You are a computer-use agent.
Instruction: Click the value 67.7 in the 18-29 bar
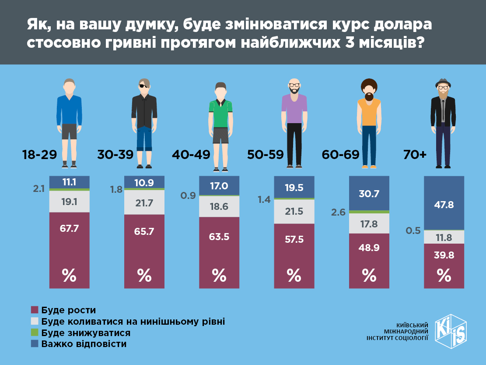click(x=69, y=228)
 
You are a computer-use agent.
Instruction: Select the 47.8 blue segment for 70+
click(x=444, y=202)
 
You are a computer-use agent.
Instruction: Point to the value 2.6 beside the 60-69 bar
click(x=339, y=213)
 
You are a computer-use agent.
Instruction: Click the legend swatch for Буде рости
click(x=35, y=310)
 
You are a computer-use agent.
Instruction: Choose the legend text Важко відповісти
click(x=84, y=344)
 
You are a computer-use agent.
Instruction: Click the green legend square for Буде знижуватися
click(x=35, y=333)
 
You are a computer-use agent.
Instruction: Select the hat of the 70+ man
click(x=443, y=82)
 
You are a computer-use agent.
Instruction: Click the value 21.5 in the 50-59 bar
click(x=294, y=212)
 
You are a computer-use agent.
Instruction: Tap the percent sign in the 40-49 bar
click(x=219, y=275)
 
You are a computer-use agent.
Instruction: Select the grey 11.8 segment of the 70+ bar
click(x=444, y=237)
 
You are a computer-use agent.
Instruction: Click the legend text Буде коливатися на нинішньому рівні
click(x=133, y=321)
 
